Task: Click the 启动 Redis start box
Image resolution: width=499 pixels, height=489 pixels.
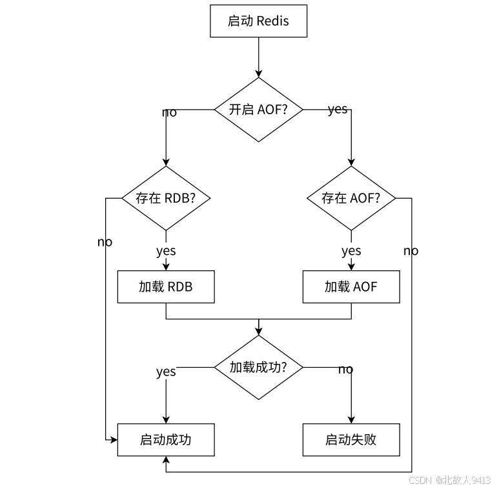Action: point(258,21)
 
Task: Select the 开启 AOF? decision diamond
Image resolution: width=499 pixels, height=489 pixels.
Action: point(258,110)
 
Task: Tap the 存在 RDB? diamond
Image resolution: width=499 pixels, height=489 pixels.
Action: point(166,198)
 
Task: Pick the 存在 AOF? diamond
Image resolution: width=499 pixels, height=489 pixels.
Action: point(351,198)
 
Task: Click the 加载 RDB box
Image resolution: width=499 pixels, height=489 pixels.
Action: point(166,286)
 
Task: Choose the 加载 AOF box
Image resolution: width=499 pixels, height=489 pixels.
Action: point(351,286)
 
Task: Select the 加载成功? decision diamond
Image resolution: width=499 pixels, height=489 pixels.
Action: point(258,367)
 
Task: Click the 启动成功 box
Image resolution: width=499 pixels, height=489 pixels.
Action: point(166,440)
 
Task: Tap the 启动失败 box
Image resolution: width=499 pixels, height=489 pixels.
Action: point(351,440)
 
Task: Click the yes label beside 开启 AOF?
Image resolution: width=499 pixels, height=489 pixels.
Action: point(338,109)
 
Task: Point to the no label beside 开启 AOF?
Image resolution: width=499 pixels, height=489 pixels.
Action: point(169,113)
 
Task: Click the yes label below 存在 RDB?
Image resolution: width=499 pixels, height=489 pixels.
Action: point(166,250)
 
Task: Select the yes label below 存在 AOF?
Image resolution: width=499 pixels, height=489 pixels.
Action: point(351,250)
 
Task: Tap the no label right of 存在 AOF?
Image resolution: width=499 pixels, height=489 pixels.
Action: point(411,250)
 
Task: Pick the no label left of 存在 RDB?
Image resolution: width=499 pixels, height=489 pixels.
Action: point(105,242)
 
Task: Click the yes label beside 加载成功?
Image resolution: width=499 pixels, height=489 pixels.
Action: point(166,372)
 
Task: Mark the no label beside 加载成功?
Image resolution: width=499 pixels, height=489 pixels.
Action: point(346,369)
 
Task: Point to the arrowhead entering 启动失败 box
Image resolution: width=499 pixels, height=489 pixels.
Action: point(351,420)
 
